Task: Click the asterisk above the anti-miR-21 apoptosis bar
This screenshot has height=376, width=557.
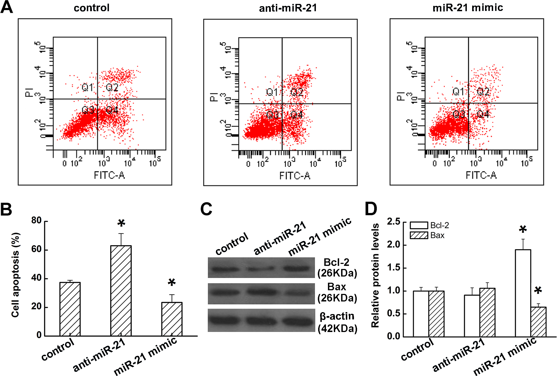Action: pyautogui.click(x=121, y=223)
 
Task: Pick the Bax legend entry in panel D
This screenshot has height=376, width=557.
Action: pyautogui.click(x=427, y=235)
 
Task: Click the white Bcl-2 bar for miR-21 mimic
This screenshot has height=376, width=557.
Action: pyautogui.click(x=523, y=293)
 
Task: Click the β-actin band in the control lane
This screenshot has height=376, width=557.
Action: pyautogui.click(x=226, y=320)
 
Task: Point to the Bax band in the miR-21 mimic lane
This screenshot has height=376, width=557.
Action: pyautogui.click(x=297, y=293)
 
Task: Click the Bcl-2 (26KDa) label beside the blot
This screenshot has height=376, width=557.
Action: pyautogui.click(x=337, y=268)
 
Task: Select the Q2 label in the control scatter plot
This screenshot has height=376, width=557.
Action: pyautogui.click(x=112, y=87)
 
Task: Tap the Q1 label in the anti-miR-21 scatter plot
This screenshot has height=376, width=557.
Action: pyautogui.click(x=272, y=92)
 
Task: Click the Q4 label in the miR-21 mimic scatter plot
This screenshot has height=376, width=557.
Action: pyautogui.click(x=483, y=114)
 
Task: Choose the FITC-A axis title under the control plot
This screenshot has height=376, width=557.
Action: pyautogui.click(x=109, y=175)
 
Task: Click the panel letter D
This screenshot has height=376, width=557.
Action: pyautogui.click(x=371, y=209)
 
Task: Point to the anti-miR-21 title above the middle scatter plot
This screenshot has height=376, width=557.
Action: pyautogui.click(x=288, y=8)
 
